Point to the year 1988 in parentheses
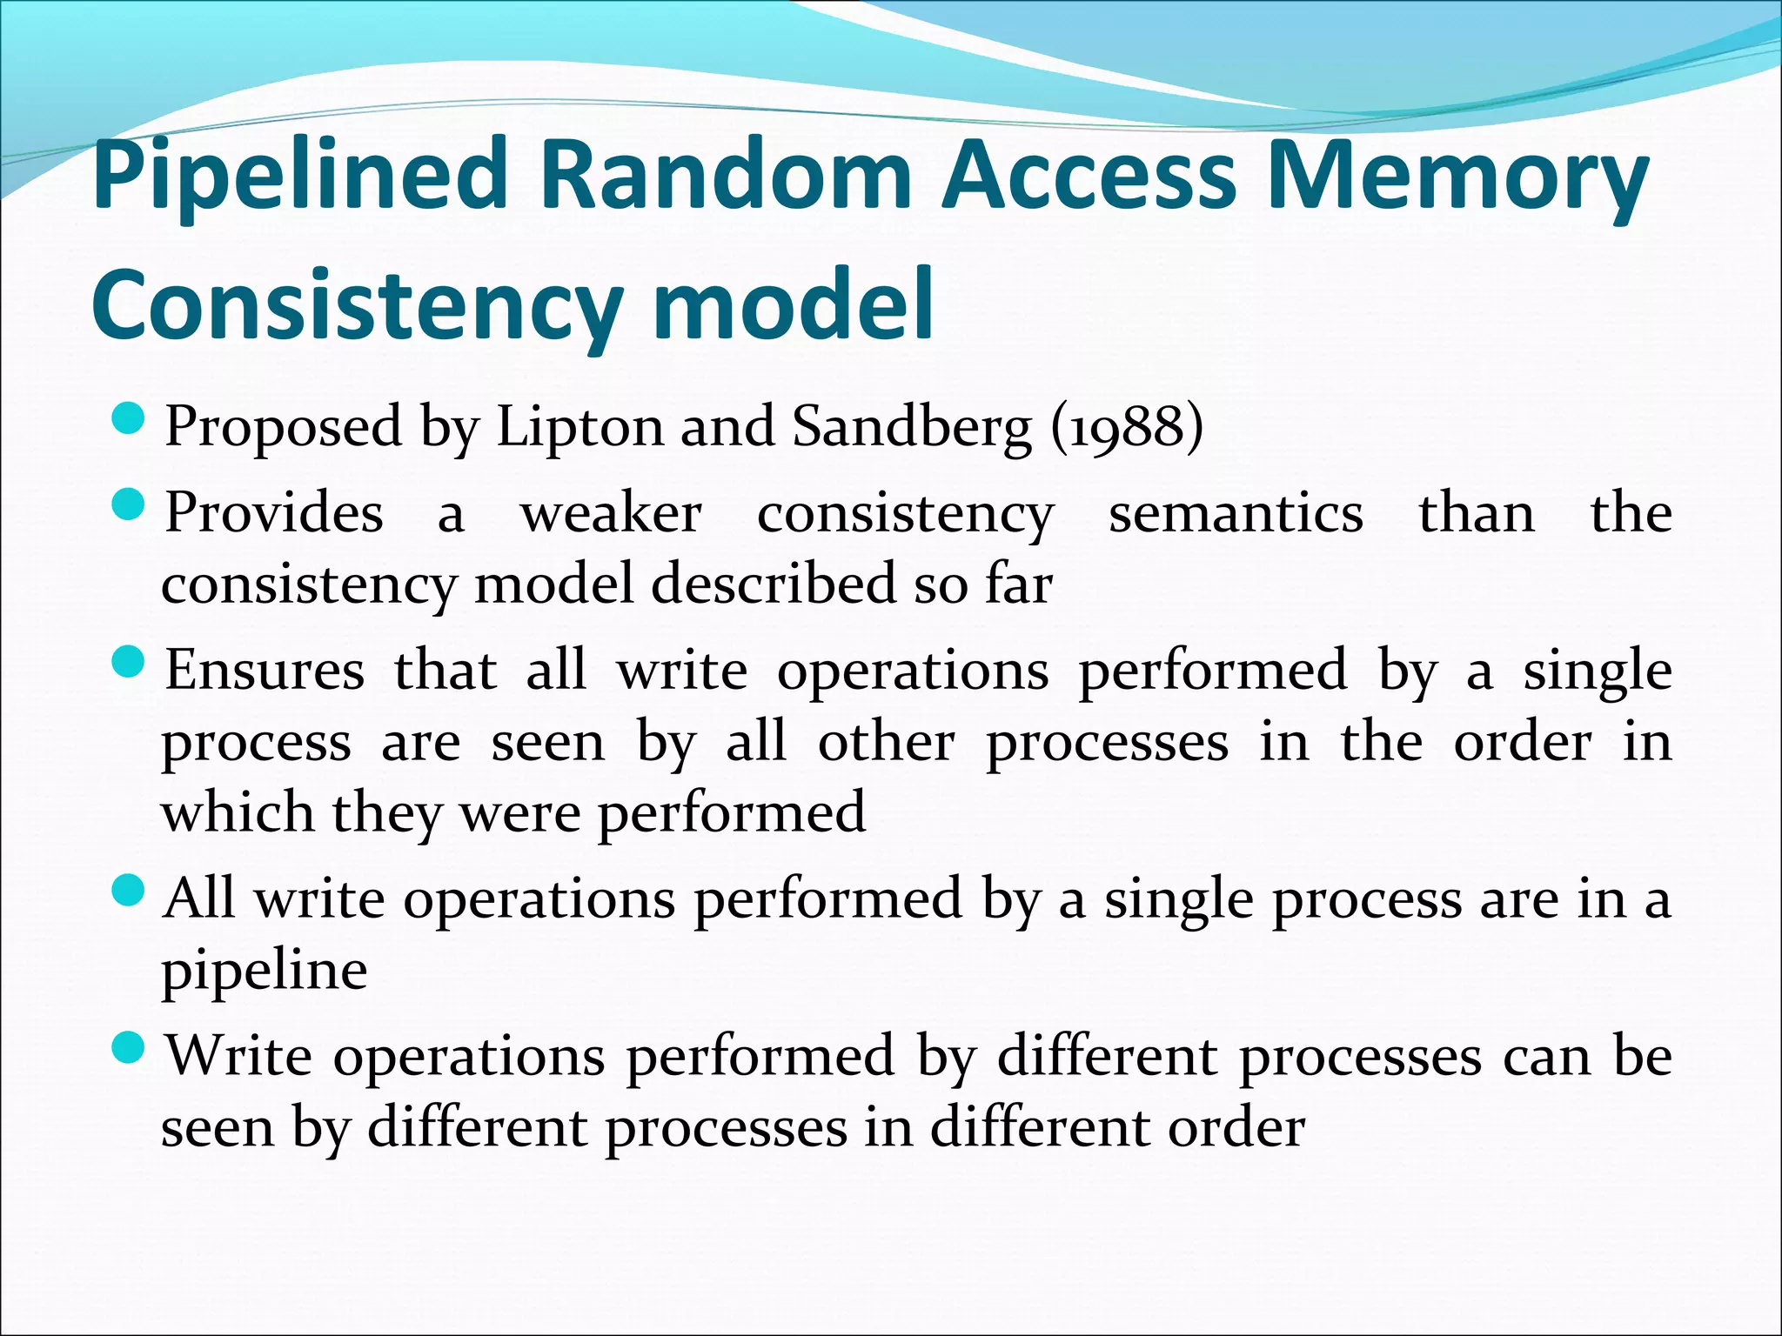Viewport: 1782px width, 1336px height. pos(1127,427)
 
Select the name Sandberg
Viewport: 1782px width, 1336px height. pos(913,427)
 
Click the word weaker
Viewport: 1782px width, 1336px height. pos(611,513)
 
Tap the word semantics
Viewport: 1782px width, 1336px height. pos(1236,513)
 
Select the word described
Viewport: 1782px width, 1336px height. pos(774,583)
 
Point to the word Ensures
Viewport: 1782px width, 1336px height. pos(265,671)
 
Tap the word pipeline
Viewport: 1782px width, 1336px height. pos(265,971)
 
